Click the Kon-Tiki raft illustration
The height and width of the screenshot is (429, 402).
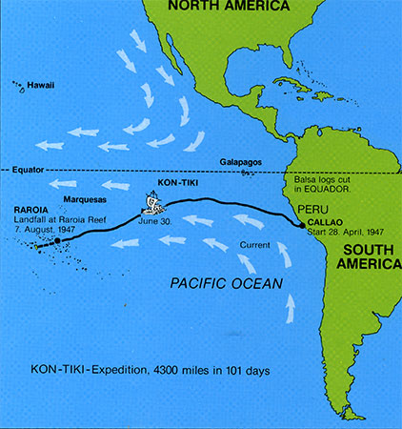click(152, 204)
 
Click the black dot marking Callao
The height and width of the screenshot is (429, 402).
click(303, 226)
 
